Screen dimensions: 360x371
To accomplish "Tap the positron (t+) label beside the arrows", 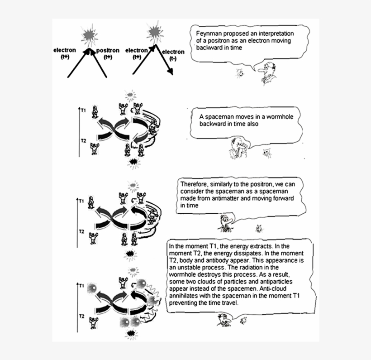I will (108, 53).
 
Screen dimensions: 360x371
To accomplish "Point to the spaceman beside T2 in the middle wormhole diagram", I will (94, 237).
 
